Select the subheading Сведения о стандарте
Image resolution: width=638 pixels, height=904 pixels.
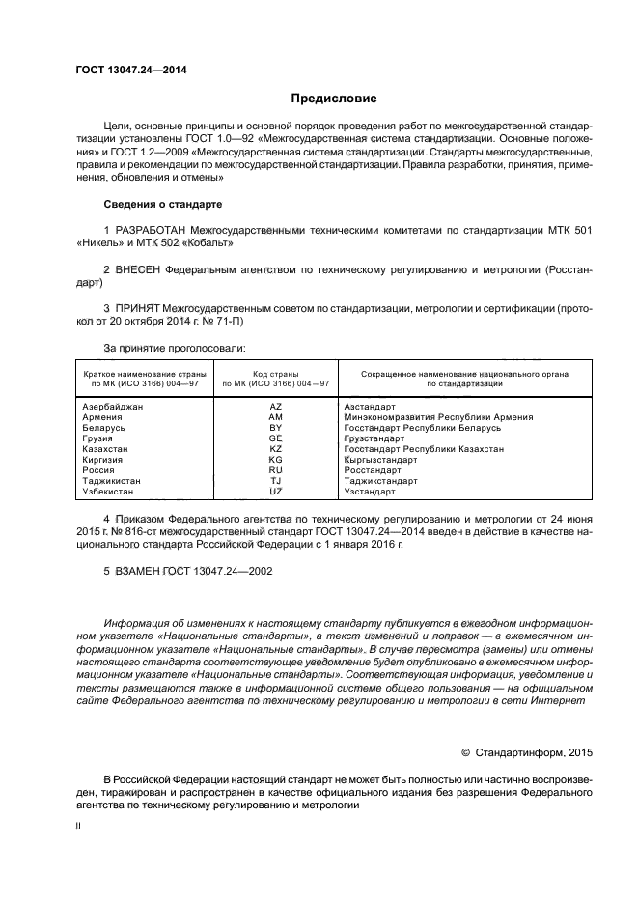[x=162, y=205]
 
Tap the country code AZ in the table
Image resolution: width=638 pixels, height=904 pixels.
[x=275, y=407]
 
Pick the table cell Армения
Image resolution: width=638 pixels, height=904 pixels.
[x=103, y=417]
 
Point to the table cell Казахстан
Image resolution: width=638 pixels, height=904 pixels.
[x=107, y=449]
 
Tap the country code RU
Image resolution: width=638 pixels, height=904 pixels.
[x=275, y=470]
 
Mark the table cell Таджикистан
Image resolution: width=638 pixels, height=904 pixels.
[x=113, y=481]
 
